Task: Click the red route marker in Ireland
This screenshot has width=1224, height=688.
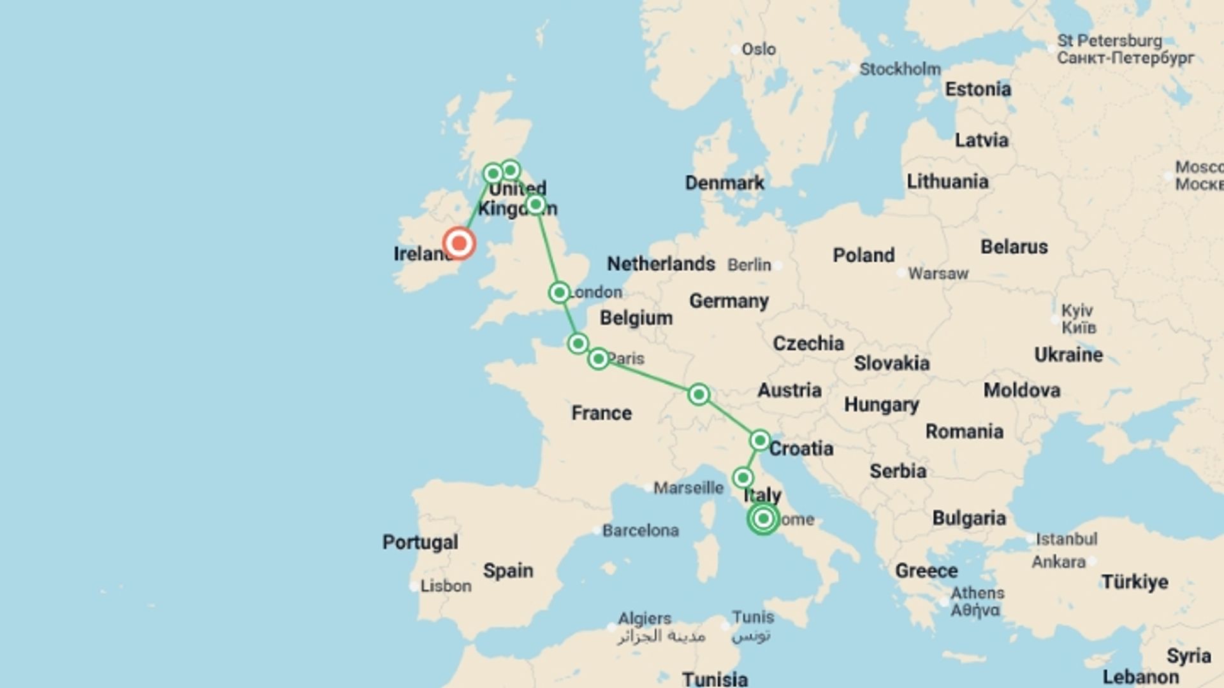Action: [459, 243]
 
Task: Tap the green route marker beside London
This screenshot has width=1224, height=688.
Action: [559, 292]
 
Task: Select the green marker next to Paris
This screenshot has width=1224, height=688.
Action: [598, 359]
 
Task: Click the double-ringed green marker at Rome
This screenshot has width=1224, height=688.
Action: [763, 519]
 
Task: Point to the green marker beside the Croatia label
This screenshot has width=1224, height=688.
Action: [759, 440]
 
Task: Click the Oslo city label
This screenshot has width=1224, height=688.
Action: [758, 49]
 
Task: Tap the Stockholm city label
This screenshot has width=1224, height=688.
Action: [900, 69]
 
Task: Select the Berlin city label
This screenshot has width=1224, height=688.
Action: [749, 264]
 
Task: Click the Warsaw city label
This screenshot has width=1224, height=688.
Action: [938, 273]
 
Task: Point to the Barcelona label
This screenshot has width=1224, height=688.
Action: [640, 530]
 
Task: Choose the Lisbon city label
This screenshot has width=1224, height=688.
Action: [446, 585]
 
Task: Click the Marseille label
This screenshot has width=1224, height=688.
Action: [688, 488]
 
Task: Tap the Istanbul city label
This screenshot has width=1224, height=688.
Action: [1066, 539]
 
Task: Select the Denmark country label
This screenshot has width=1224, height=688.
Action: [724, 183]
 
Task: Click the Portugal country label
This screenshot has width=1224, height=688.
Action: [420, 542]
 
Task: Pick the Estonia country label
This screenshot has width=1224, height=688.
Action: [977, 89]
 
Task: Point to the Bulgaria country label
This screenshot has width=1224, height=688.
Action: [969, 519]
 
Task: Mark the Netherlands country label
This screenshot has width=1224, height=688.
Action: [660, 264]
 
